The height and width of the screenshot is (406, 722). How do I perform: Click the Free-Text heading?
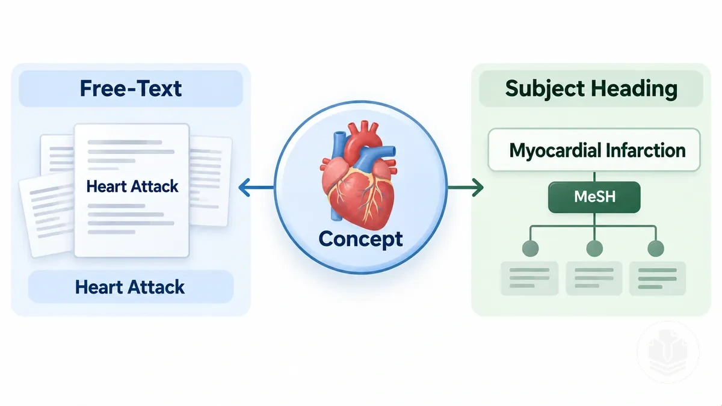tap(131, 88)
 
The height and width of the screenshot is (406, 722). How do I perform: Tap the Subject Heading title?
tap(591, 88)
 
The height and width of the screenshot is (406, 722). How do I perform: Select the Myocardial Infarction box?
tap(594, 150)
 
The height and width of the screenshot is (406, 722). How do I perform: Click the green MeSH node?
tap(594, 197)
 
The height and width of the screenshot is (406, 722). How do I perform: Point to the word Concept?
tap(360, 239)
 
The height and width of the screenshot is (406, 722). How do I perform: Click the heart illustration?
tap(359, 175)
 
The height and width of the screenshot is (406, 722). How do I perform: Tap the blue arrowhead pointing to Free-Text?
tap(245, 187)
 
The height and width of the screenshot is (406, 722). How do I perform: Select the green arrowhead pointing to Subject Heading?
tap(478, 187)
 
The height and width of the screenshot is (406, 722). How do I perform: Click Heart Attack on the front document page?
tap(132, 186)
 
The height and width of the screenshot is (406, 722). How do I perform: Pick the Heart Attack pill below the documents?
tap(131, 287)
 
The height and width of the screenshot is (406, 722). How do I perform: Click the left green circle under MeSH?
tap(530, 248)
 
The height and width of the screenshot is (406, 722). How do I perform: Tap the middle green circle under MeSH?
tap(594, 248)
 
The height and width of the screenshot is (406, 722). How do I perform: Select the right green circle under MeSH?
tap(656, 248)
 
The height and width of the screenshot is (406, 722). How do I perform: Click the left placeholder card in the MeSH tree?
tap(529, 278)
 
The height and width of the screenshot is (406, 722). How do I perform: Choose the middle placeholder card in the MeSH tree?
tap(594, 278)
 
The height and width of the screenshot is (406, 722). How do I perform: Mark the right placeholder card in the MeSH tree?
tap(657, 278)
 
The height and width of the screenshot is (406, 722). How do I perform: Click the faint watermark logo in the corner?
tap(668, 352)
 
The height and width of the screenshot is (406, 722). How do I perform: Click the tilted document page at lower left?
tap(47, 216)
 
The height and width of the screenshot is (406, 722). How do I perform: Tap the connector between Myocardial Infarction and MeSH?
tap(594, 176)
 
